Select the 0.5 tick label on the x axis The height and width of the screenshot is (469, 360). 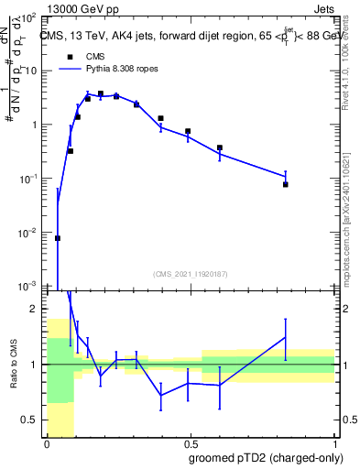click(x=190, y=443)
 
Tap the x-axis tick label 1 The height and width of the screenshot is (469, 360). click(x=333, y=443)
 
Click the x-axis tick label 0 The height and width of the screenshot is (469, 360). click(x=47, y=443)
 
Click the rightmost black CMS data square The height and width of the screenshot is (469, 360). click(x=286, y=184)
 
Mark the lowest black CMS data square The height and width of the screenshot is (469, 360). click(x=58, y=238)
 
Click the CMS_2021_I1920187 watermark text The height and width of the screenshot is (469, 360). click(x=190, y=273)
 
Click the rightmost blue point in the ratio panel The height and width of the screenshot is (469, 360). click(x=286, y=337)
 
